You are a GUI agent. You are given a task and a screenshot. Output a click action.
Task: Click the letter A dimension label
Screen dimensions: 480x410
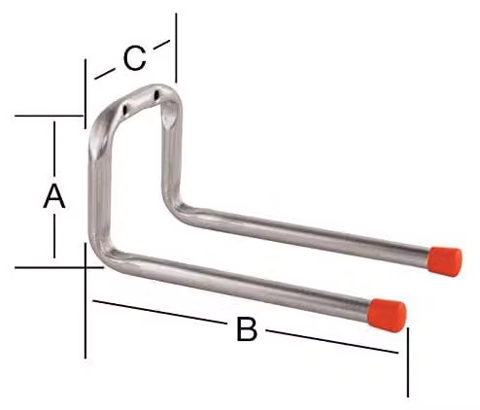[x=54, y=196]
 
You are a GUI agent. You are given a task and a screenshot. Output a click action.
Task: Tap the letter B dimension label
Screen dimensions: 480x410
[x=247, y=329]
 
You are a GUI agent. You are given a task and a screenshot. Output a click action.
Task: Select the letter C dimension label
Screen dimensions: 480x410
[x=134, y=58]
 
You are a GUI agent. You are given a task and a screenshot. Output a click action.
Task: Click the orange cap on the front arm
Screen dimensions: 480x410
[x=387, y=315]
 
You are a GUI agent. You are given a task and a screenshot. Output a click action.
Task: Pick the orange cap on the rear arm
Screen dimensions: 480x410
[x=445, y=261]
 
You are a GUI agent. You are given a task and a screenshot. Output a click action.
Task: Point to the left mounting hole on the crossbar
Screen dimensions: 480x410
[x=125, y=110]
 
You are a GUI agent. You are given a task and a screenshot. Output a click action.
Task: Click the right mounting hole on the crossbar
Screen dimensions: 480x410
[x=156, y=94]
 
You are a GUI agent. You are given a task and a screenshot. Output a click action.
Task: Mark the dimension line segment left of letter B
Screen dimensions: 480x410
[x=158, y=312]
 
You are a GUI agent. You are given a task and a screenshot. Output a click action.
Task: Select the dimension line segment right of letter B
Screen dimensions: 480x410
[x=332, y=341]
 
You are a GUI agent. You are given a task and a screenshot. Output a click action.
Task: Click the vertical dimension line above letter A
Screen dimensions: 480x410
[x=54, y=148]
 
